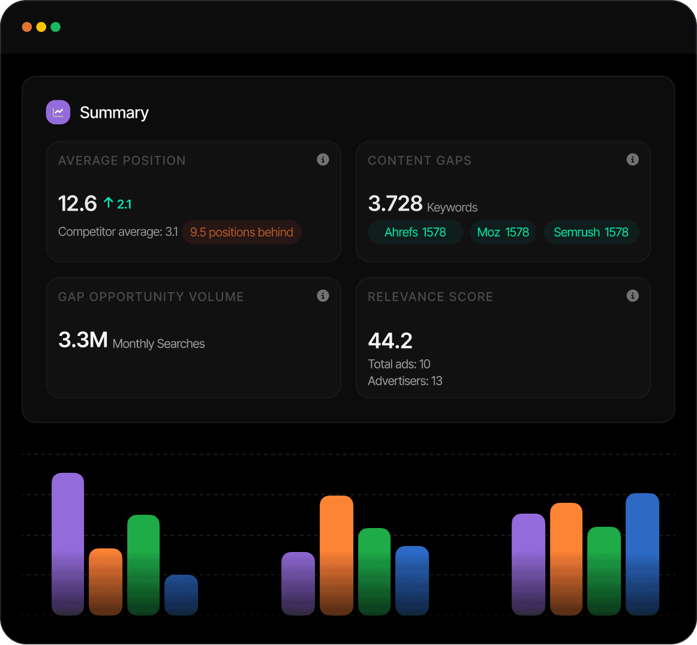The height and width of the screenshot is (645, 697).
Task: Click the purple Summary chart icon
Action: coord(58,112)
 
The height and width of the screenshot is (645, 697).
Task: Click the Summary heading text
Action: coord(114,113)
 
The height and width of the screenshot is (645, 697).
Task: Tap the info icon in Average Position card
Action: coord(323,160)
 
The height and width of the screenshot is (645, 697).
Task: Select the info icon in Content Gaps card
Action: coord(632,160)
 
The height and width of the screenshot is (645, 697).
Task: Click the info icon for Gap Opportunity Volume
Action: coord(323,296)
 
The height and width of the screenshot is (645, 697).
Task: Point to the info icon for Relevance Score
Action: coord(632,296)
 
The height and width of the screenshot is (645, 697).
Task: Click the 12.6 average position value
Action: coord(77,204)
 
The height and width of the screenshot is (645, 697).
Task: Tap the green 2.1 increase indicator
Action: coord(118,204)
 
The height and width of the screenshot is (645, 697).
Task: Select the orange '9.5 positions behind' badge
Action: coord(242,232)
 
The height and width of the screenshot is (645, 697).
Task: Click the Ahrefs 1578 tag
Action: coord(415,232)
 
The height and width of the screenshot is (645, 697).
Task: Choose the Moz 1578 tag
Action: coord(503,232)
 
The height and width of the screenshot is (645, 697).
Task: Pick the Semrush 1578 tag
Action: coord(591,232)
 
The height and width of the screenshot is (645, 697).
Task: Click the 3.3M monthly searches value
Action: coord(83,340)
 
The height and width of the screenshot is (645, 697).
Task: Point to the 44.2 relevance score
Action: coord(390,341)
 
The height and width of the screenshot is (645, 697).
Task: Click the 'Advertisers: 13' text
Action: coord(405,381)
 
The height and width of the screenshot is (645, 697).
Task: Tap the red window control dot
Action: coord(27,27)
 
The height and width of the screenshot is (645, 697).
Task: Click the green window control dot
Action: coord(56,27)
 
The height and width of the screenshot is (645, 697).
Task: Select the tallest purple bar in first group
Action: coord(68,544)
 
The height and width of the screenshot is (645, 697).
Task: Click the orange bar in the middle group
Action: coord(337,555)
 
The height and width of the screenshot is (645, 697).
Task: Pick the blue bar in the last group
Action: coord(642,554)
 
